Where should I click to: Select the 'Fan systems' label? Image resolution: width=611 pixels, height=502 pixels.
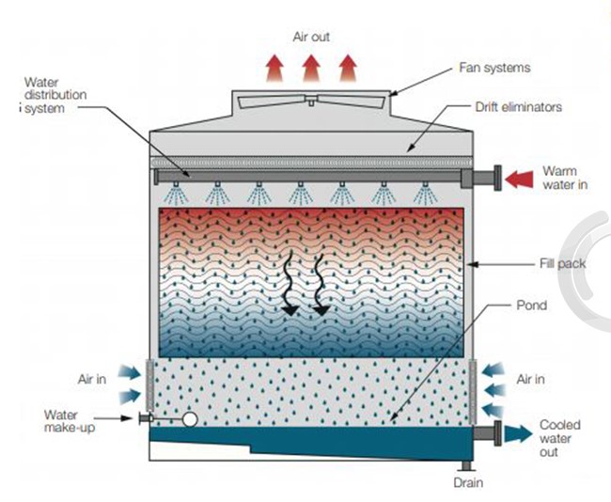coord(494,68)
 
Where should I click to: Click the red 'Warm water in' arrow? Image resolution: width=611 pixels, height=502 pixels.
coord(517,178)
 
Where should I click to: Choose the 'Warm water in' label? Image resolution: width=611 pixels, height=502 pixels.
coord(565,178)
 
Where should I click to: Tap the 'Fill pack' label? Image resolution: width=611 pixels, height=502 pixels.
coord(563,264)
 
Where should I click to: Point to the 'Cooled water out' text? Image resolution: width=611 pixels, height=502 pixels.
coord(559,439)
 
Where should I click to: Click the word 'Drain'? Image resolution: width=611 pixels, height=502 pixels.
coord(467,483)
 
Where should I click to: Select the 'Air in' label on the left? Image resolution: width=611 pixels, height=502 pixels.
coord(92,380)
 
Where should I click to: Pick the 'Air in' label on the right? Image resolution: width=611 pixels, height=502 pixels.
coord(532,380)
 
